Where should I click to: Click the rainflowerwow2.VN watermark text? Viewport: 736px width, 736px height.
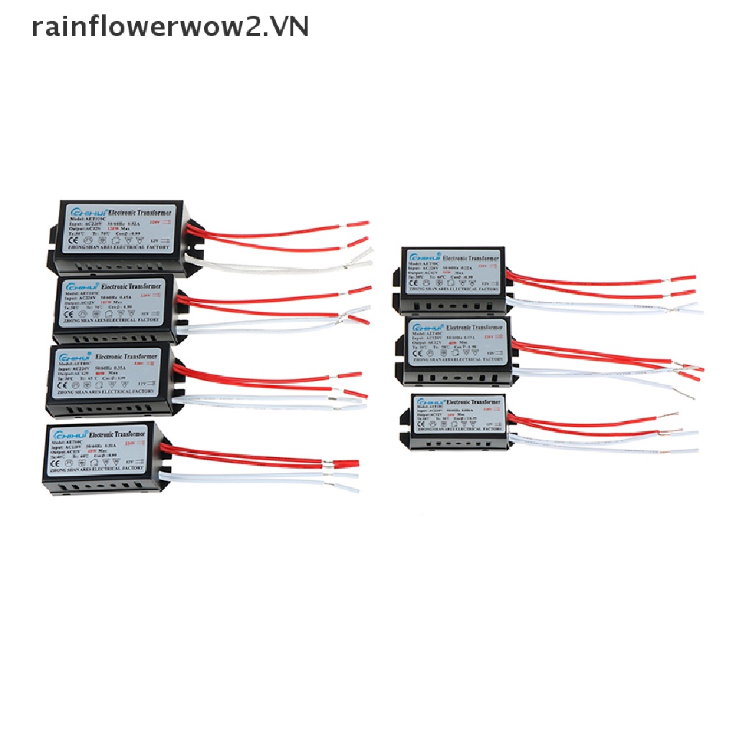pyautogui.click(x=170, y=27)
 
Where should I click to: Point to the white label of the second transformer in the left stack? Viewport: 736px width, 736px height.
pyautogui.click(x=115, y=302)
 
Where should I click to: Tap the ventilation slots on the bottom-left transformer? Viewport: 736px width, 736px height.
pyautogui.click(x=101, y=487)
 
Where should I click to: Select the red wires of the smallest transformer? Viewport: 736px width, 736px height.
pyautogui.click(x=589, y=424)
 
